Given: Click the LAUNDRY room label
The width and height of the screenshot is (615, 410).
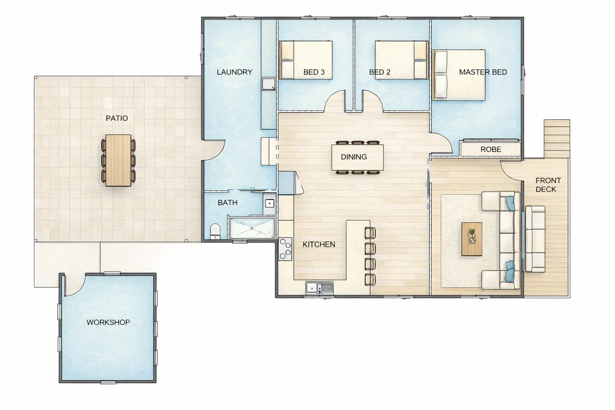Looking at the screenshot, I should pyautogui.click(x=234, y=72).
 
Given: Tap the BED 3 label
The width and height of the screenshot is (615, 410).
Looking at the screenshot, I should pyautogui.click(x=314, y=72).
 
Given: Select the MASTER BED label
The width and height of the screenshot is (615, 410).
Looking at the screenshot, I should pyautogui.click(x=483, y=72).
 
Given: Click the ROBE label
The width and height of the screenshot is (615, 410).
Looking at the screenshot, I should pyautogui.click(x=490, y=149).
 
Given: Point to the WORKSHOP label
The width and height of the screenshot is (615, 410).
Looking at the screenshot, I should pyautogui.click(x=108, y=322).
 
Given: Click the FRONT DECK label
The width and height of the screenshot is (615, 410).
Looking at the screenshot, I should pyautogui.click(x=548, y=185).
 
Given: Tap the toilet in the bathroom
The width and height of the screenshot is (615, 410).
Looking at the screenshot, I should pyautogui.click(x=215, y=231).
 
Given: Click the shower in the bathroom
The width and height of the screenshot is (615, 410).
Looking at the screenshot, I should pyautogui.click(x=252, y=228).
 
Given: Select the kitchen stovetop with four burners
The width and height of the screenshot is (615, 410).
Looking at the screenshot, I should pyautogui.click(x=285, y=249).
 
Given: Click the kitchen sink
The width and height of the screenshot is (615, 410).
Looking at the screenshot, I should pyautogui.click(x=319, y=287).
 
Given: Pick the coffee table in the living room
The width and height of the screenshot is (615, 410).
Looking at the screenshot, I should pyautogui.click(x=472, y=239).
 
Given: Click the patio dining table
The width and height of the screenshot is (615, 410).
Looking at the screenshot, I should pyautogui.click(x=119, y=160).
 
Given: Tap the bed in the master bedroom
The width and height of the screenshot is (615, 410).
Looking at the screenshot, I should pyautogui.click(x=459, y=75).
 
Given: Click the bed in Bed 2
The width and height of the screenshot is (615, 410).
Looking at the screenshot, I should pyautogui.click(x=402, y=60).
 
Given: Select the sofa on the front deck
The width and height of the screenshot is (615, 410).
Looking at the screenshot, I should pyautogui.click(x=535, y=239).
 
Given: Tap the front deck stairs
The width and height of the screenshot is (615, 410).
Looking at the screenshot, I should pyautogui.click(x=557, y=138).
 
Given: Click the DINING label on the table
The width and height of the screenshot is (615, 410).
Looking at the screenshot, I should pyautogui.click(x=354, y=157).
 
